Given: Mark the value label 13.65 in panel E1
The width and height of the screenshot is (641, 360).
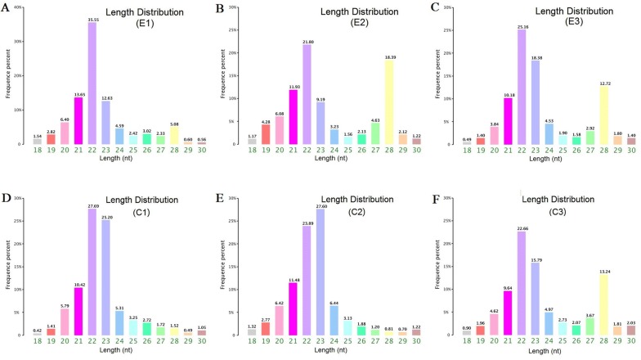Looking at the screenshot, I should tap(78, 94).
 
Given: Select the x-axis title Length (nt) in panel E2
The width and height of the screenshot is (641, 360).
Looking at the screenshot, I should tap(338, 161).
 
